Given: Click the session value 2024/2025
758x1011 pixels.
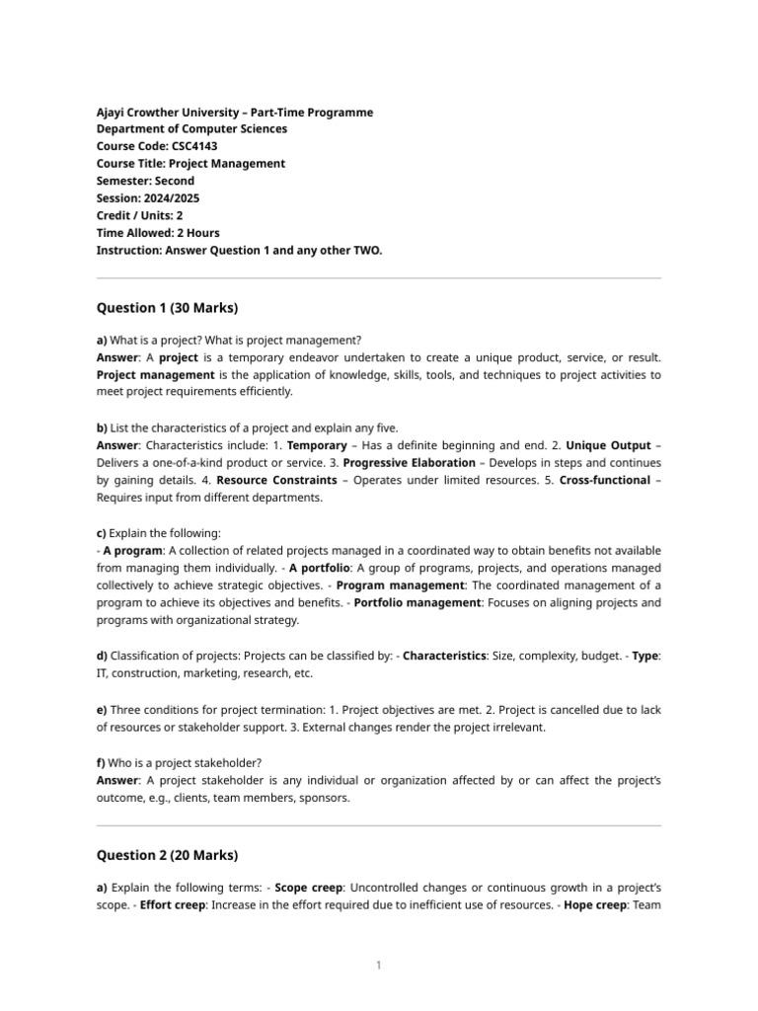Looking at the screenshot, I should (170, 198).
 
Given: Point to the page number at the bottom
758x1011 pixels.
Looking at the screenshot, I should (378, 965).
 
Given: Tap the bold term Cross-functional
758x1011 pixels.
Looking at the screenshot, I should (605, 480).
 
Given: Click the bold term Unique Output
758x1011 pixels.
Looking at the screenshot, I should (612, 445).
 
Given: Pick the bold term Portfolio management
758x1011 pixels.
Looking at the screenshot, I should (417, 602).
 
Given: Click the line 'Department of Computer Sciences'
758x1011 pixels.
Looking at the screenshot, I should (191, 128).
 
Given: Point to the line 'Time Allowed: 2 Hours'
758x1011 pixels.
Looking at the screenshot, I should (158, 233).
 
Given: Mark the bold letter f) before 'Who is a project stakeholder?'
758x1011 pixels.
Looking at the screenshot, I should (102, 762).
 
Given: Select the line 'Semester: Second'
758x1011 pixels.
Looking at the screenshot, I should (145, 181).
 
